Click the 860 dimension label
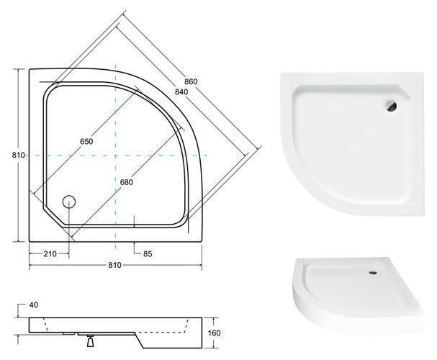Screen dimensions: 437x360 (x=191, y=81)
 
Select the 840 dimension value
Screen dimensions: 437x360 (x=181, y=91)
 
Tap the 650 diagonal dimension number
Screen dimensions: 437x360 (x=86, y=142)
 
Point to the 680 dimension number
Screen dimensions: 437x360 (x=127, y=182)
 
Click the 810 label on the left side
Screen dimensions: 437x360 (x=19, y=155)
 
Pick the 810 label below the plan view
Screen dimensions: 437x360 (x=114, y=265)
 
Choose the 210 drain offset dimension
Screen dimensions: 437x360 (x=50, y=254)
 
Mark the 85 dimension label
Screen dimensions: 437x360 (x=148, y=254)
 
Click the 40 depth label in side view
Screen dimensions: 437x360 (x=33, y=305)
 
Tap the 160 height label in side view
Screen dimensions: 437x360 (x=214, y=333)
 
